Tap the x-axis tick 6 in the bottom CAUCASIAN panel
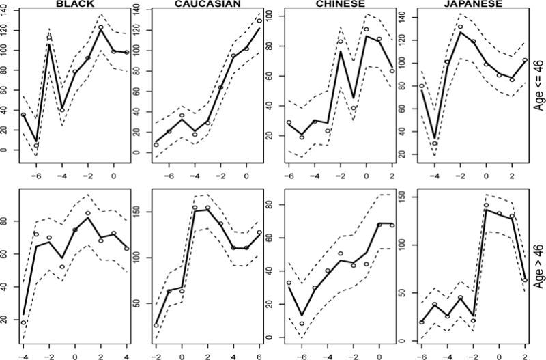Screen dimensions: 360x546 tap(259, 355)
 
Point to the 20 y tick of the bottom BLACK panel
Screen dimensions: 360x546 tap(8, 320)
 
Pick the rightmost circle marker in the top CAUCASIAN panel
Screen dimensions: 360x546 tap(259, 21)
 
